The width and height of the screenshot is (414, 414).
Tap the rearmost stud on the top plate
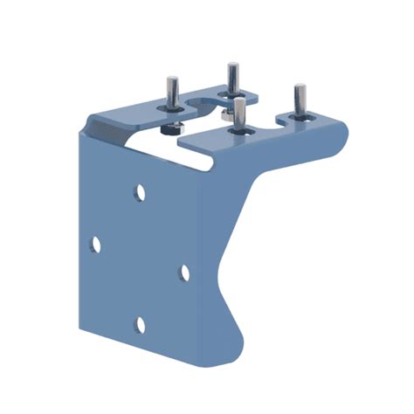pyautogui.click(x=232, y=79)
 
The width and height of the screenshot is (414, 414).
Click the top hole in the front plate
pyautogui.click(x=140, y=191)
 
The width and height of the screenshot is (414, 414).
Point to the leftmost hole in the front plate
pyautogui.click(x=95, y=244)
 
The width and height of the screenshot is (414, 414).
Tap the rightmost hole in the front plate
pyautogui.click(x=184, y=273)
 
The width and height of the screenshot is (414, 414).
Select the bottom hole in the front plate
pyautogui.click(x=139, y=325)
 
